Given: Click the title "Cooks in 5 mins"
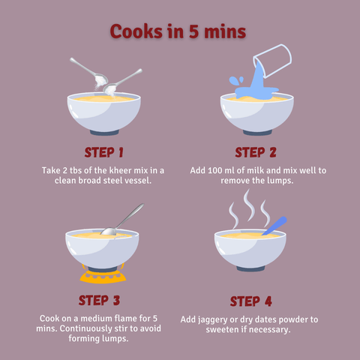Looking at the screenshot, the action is tap(178, 31).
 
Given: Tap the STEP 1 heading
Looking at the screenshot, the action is tap(103, 152).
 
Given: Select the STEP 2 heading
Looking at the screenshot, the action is tap(256, 152).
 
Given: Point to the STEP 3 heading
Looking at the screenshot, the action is tap(99, 300).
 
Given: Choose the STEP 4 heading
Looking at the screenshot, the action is tap(250, 301).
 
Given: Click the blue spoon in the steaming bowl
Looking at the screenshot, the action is tap(274, 226).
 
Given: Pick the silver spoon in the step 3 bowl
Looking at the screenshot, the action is tap(122, 220).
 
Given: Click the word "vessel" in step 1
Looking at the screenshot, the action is tap(138, 180).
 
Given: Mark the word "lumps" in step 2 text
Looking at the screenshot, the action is tap(280, 181).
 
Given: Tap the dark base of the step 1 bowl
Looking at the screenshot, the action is tap(104, 132).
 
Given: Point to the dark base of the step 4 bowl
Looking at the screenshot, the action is tap(250, 268).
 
